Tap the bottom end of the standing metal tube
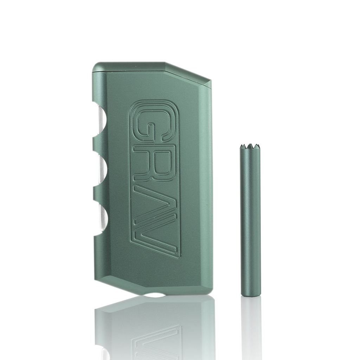point(250,294)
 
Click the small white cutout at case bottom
point(154,295)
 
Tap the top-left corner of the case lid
point(96,67)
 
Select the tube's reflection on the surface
point(250,327)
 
